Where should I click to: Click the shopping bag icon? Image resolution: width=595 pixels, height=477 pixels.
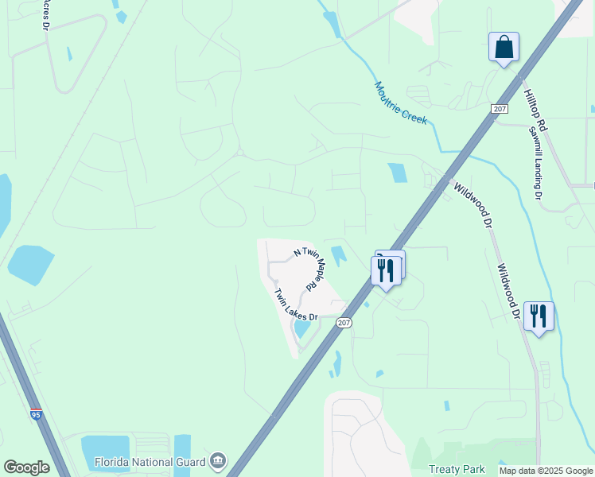click(x=504, y=47)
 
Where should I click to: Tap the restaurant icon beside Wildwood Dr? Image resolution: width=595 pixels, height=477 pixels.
click(x=539, y=316)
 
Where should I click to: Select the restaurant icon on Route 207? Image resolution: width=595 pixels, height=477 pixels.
click(x=386, y=271)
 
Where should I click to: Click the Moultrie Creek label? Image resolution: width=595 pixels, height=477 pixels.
click(x=402, y=103)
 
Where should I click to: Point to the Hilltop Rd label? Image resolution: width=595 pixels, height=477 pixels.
click(x=535, y=110)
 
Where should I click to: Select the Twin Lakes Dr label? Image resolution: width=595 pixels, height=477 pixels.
click(x=295, y=304)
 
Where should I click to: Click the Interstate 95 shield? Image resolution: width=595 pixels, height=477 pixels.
click(x=36, y=414)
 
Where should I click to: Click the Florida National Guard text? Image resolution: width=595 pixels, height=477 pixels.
click(x=150, y=461)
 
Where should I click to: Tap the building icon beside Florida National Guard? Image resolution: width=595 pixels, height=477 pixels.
click(x=217, y=461)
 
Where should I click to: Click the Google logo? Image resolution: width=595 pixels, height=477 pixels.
click(x=26, y=467)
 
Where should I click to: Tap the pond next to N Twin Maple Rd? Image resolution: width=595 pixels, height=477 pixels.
click(x=339, y=256)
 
